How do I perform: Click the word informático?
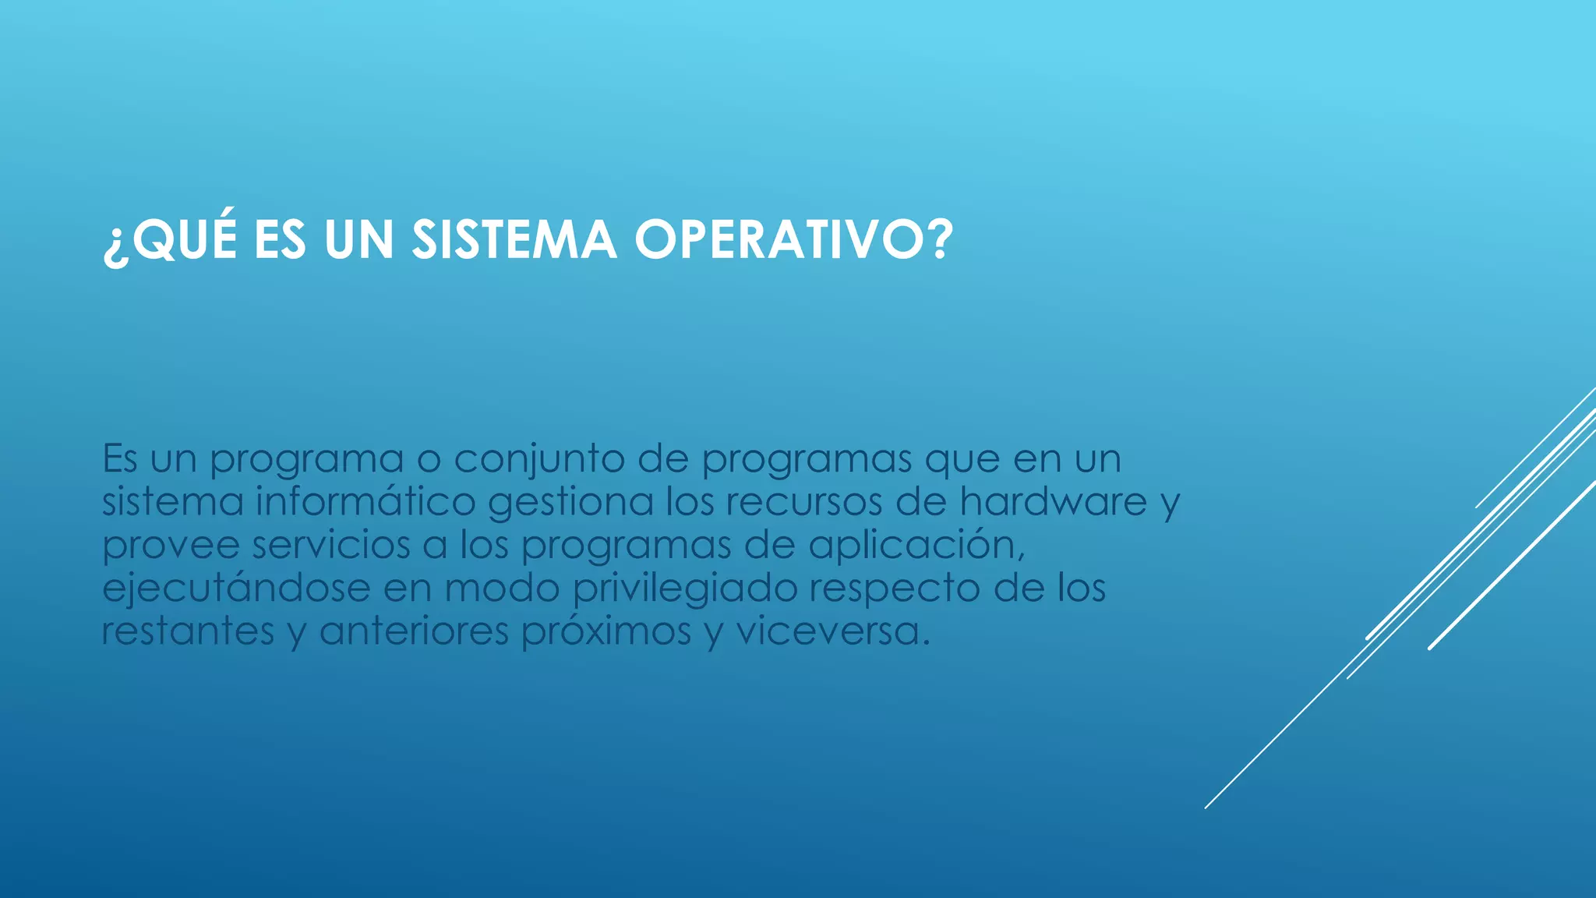pyautogui.click(x=365, y=501)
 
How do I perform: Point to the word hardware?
pyautogui.click(x=1053, y=501)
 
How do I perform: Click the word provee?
pyautogui.click(x=171, y=546)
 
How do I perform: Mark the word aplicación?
pyautogui.click(x=915, y=546)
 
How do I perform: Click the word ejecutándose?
pyautogui.click(x=236, y=589)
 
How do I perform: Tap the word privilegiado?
pyautogui.click(x=685, y=589)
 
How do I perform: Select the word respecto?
pyautogui.click(x=894, y=589)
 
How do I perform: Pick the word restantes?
pyautogui.click(x=188, y=631)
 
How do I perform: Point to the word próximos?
pyautogui.click(x=606, y=631)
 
